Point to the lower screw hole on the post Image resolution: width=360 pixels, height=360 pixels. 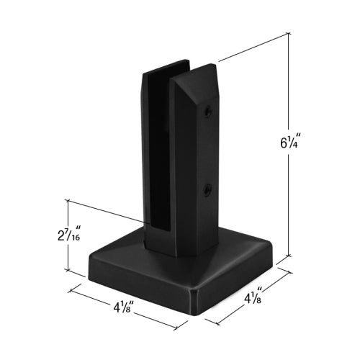point(207,190)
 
